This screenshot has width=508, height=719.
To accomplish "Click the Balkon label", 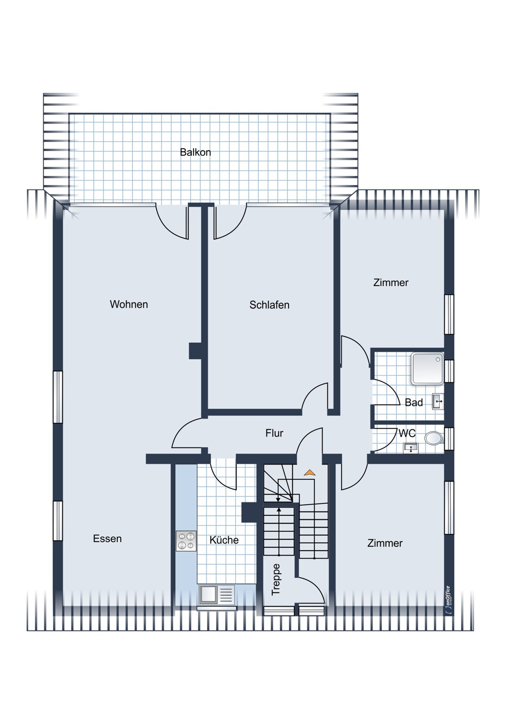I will (x=195, y=152).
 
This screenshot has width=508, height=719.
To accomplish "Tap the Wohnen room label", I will (x=128, y=304).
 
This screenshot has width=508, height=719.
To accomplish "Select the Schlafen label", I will (x=269, y=305).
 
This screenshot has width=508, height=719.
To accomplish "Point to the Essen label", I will (x=107, y=539).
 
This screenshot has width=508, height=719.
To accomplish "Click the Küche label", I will (x=224, y=540).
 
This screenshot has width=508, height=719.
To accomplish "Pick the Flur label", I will (x=274, y=433).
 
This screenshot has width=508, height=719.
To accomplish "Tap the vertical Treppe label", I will (x=276, y=580).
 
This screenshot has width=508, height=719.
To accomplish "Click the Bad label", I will (x=414, y=403).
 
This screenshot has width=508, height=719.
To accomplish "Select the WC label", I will (x=407, y=433).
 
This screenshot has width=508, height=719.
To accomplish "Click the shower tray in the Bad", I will (x=427, y=369).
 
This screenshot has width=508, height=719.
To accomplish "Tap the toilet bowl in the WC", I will (x=434, y=438).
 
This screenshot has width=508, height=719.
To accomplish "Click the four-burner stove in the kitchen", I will (x=186, y=541).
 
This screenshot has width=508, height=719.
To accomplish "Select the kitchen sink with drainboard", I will (x=217, y=595).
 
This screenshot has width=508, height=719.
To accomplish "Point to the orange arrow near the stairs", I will (x=310, y=473).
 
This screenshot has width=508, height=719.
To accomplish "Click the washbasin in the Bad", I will (x=438, y=401).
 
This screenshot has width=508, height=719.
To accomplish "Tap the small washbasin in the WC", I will (x=411, y=448).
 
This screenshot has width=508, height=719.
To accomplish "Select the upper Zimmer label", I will (x=391, y=283).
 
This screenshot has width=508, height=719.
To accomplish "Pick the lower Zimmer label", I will (x=385, y=544).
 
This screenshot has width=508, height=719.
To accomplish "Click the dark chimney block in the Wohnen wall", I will (x=196, y=350).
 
